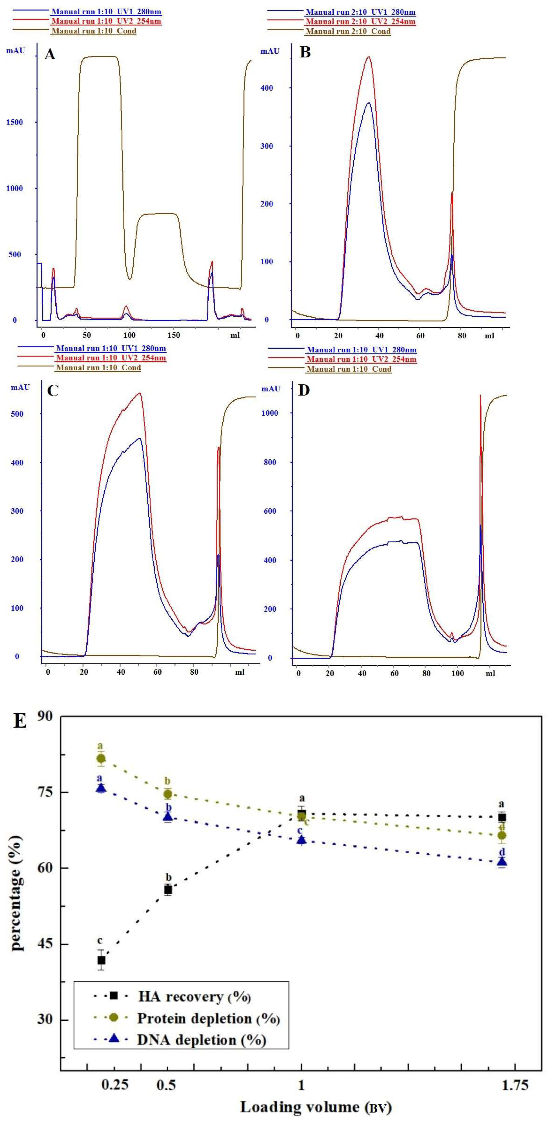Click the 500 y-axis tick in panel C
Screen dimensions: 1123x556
17,414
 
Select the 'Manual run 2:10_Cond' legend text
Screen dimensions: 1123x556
348,31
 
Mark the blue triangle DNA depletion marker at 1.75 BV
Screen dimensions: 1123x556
502,861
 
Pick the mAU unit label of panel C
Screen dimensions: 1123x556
20,387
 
